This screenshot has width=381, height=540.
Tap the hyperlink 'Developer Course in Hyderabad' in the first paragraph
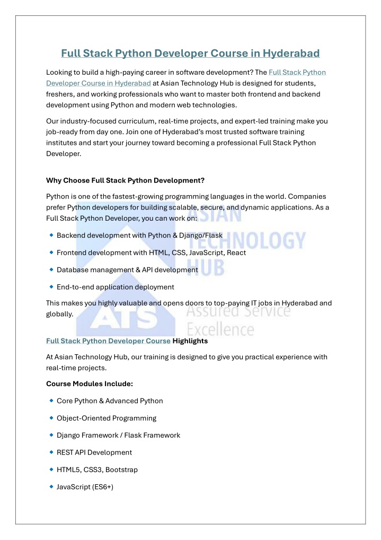[99, 83]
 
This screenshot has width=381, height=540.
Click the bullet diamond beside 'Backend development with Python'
[51, 235]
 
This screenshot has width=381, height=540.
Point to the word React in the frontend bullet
[236, 252]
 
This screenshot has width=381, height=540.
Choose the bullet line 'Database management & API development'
[127, 269]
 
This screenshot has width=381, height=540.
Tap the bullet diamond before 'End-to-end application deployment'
[51, 286]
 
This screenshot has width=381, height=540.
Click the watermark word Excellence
[220, 330]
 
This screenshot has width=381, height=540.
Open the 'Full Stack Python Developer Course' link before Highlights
[108, 341]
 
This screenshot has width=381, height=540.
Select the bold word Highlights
[190, 341]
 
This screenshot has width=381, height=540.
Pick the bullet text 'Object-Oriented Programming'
[107, 418]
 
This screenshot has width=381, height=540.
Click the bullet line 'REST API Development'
[94, 452]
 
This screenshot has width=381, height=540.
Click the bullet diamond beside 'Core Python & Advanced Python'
[51, 400]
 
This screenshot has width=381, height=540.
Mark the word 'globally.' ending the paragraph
[60, 313]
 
